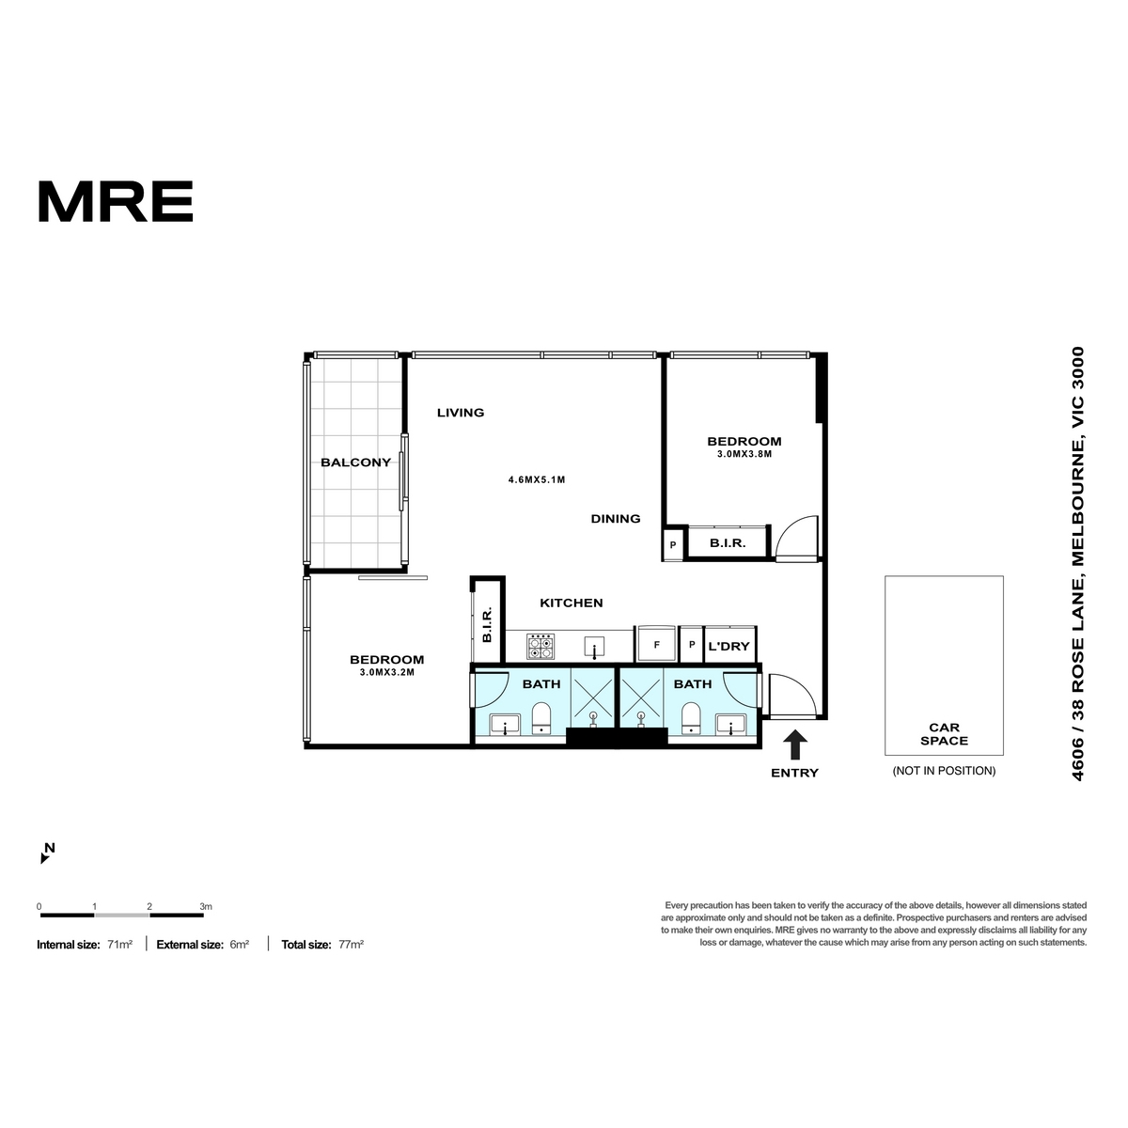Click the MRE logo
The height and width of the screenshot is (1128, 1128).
(116, 201)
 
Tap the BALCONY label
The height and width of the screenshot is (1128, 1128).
(355, 462)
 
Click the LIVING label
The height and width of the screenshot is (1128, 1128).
(461, 413)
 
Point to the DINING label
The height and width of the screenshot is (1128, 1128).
(615, 519)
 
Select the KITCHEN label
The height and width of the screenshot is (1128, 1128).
(571, 603)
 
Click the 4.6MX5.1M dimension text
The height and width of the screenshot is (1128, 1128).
(537, 480)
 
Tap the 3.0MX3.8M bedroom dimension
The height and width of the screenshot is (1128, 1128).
(744, 454)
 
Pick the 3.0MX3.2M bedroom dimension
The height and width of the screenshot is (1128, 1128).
(387, 673)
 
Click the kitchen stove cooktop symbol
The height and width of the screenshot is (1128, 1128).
(540, 646)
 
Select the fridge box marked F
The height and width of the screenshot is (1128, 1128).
(657, 644)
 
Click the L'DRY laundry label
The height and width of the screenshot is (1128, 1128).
(728, 646)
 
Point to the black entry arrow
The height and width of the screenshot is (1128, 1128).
(795, 744)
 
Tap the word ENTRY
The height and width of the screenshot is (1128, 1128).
(794, 773)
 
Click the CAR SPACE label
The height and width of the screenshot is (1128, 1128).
(944, 734)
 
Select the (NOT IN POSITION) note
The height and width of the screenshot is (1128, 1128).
(944, 771)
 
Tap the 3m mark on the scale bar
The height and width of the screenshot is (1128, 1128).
(206, 907)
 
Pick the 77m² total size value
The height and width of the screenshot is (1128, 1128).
(351, 944)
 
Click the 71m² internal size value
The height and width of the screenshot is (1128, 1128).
(120, 944)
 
